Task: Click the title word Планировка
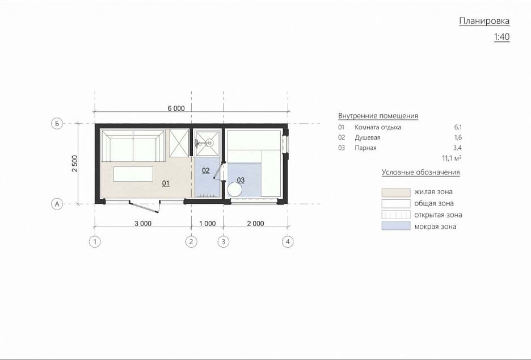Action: [484, 21]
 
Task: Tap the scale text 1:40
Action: [502, 36]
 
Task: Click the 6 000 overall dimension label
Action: [176, 108]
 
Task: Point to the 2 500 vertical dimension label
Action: [74, 164]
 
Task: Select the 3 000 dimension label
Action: [143, 223]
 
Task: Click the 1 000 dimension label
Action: [207, 223]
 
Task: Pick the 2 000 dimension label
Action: [255, 223]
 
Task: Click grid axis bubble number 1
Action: [95, 242]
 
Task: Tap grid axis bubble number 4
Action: [288, 242]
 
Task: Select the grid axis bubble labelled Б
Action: [57, 124]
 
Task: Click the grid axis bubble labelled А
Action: [57, 204]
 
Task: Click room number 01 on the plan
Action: [166, 183]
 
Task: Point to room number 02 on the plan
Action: [205, 170]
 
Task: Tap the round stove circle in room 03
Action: [235, 190]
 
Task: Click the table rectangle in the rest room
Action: [133, 174]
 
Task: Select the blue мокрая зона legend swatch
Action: [396, 226]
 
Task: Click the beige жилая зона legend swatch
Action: [396, 192]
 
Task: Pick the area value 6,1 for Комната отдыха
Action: [458, 127]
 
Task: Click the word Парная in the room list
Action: [365, 148]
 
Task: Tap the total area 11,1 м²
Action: [452, 158]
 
